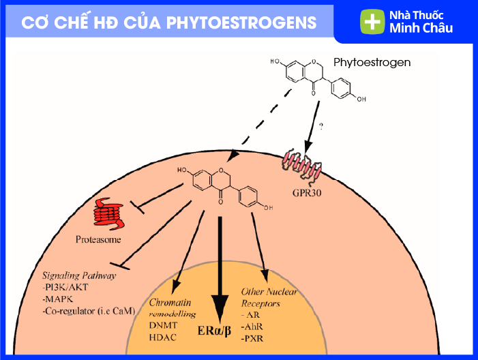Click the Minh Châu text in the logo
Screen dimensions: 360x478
(x=421, y=29)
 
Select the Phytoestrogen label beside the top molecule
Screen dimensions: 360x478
(x=372, y=63)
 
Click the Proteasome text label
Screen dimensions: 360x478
(x=99, y=240)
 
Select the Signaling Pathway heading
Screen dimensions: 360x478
(x=79, y=276)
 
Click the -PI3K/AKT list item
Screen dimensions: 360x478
(x=66, y=288)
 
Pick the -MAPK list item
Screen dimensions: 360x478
(x=58, y=299)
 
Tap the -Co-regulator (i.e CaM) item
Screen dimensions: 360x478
(x=88, y=311)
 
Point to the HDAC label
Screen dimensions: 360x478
(x=162, y=337)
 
